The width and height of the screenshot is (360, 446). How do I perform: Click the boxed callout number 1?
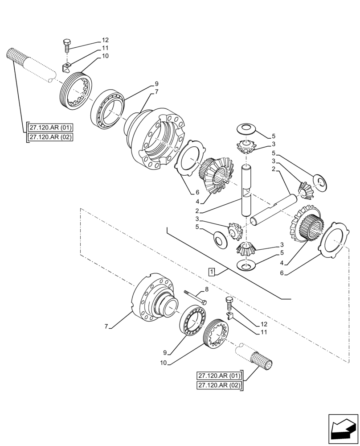pos(211,272)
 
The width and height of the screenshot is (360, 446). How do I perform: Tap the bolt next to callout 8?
pos(195,297)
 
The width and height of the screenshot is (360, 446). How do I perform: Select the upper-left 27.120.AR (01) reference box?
pos(50,127)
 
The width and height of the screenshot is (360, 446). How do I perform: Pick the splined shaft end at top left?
pos(15,56)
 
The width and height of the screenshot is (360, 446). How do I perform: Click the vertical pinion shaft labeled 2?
pos(247,190)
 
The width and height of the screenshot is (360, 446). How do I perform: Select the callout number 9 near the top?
pos(157,83)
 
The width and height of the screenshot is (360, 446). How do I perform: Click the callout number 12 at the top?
pos(105,40)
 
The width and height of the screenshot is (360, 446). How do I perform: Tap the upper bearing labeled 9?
pos(109,107)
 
